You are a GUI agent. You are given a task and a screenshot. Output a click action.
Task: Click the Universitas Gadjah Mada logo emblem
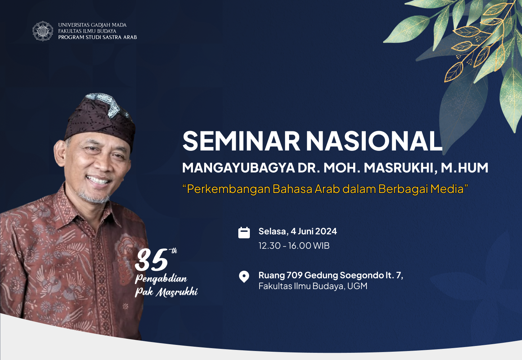click(42, 31)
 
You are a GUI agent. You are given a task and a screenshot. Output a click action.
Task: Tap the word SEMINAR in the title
click(241, 141)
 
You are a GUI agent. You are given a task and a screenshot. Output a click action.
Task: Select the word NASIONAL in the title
click(374, 141)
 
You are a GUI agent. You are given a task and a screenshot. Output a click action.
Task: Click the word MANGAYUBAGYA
click(238, 167)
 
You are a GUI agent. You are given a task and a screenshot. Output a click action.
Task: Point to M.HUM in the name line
click(464, 167)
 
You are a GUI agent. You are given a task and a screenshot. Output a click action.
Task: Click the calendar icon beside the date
click(244, 232)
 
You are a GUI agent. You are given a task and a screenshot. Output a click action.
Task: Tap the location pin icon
click(244, 276)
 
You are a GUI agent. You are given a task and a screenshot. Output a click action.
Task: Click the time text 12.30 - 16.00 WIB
click(294, 246)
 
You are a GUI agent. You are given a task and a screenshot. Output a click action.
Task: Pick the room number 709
click(294, 275)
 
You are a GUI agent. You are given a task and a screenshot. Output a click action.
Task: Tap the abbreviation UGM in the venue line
click(357, 286)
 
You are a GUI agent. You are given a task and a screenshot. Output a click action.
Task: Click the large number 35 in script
click(152, 260)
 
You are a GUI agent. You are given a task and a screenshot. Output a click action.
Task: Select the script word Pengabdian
click(161, 279)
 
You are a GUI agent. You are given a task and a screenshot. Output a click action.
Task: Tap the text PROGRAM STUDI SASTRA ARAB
click(98, 37)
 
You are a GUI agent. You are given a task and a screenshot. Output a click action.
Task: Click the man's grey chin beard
click(94, 198)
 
